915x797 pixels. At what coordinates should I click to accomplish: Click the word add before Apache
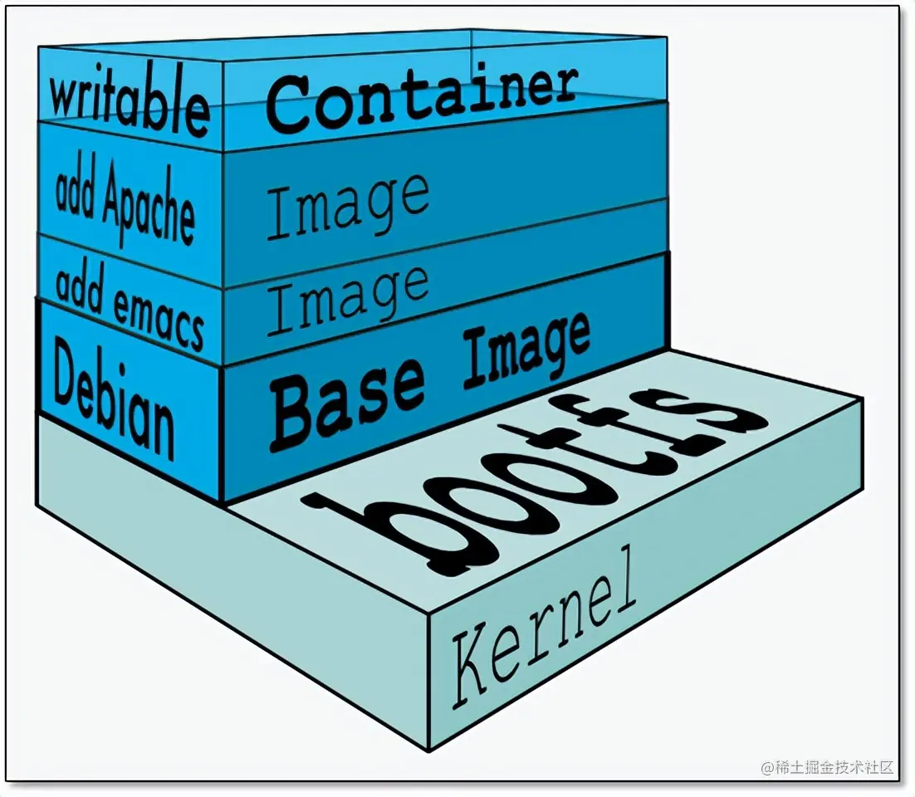[x=75, y=190]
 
